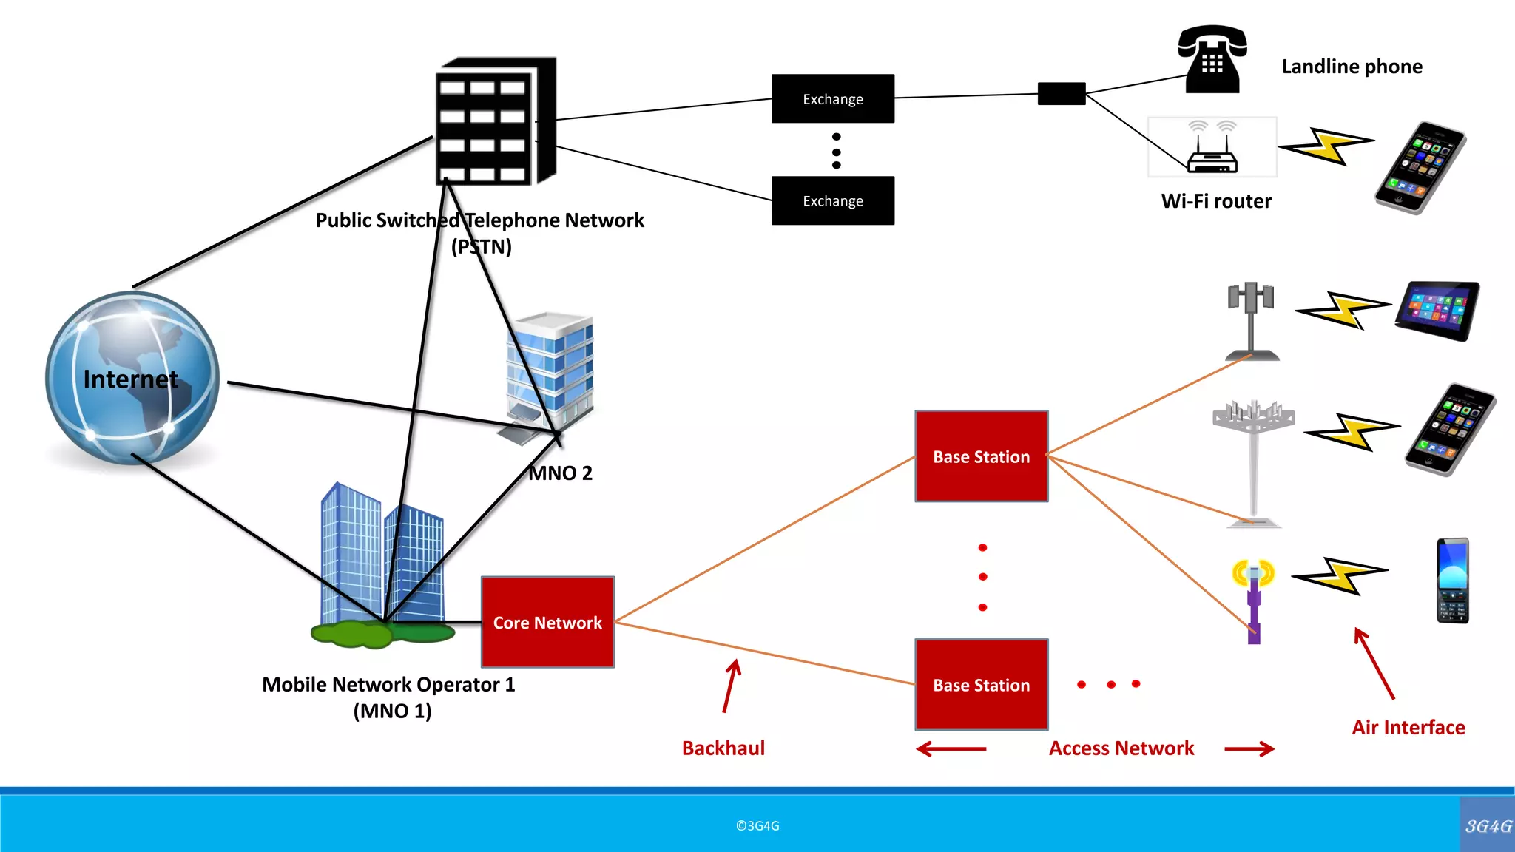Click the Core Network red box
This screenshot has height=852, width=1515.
pyautogui.click(x=547, y=622)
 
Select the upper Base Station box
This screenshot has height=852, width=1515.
pyautogui.click(x=981, y=456)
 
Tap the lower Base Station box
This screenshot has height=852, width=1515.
pyautogui.click(x=981, y=685)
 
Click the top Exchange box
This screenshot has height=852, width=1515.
pyautogui.click(x=832, y=98)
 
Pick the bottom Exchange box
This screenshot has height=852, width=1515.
pyautogui.click(x=832, y=200)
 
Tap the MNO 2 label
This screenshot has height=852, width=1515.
pyautogui.click(x=561, y=473)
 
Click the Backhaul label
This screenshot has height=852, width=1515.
pyautogui.click(x=723, y=748)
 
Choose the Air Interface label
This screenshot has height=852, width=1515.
pyautogui.click(x=1408, y=728)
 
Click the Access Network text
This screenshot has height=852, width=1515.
pyautogui.click(x=1121, y=748)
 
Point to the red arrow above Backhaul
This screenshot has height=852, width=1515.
pyautogui.click(x=731, y=686)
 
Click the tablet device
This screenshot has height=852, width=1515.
pyautogui.click(x=1437, y=310)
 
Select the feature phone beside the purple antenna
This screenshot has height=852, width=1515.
pyautogui.click(x=1452, y=581)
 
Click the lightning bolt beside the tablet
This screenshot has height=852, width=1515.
pyautogui.click(x=1343, y=310)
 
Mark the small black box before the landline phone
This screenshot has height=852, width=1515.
pyautogui.click(x=1061, y=94)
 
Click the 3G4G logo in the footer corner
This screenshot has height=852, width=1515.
pyautogui.click(x=1488, y=825)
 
